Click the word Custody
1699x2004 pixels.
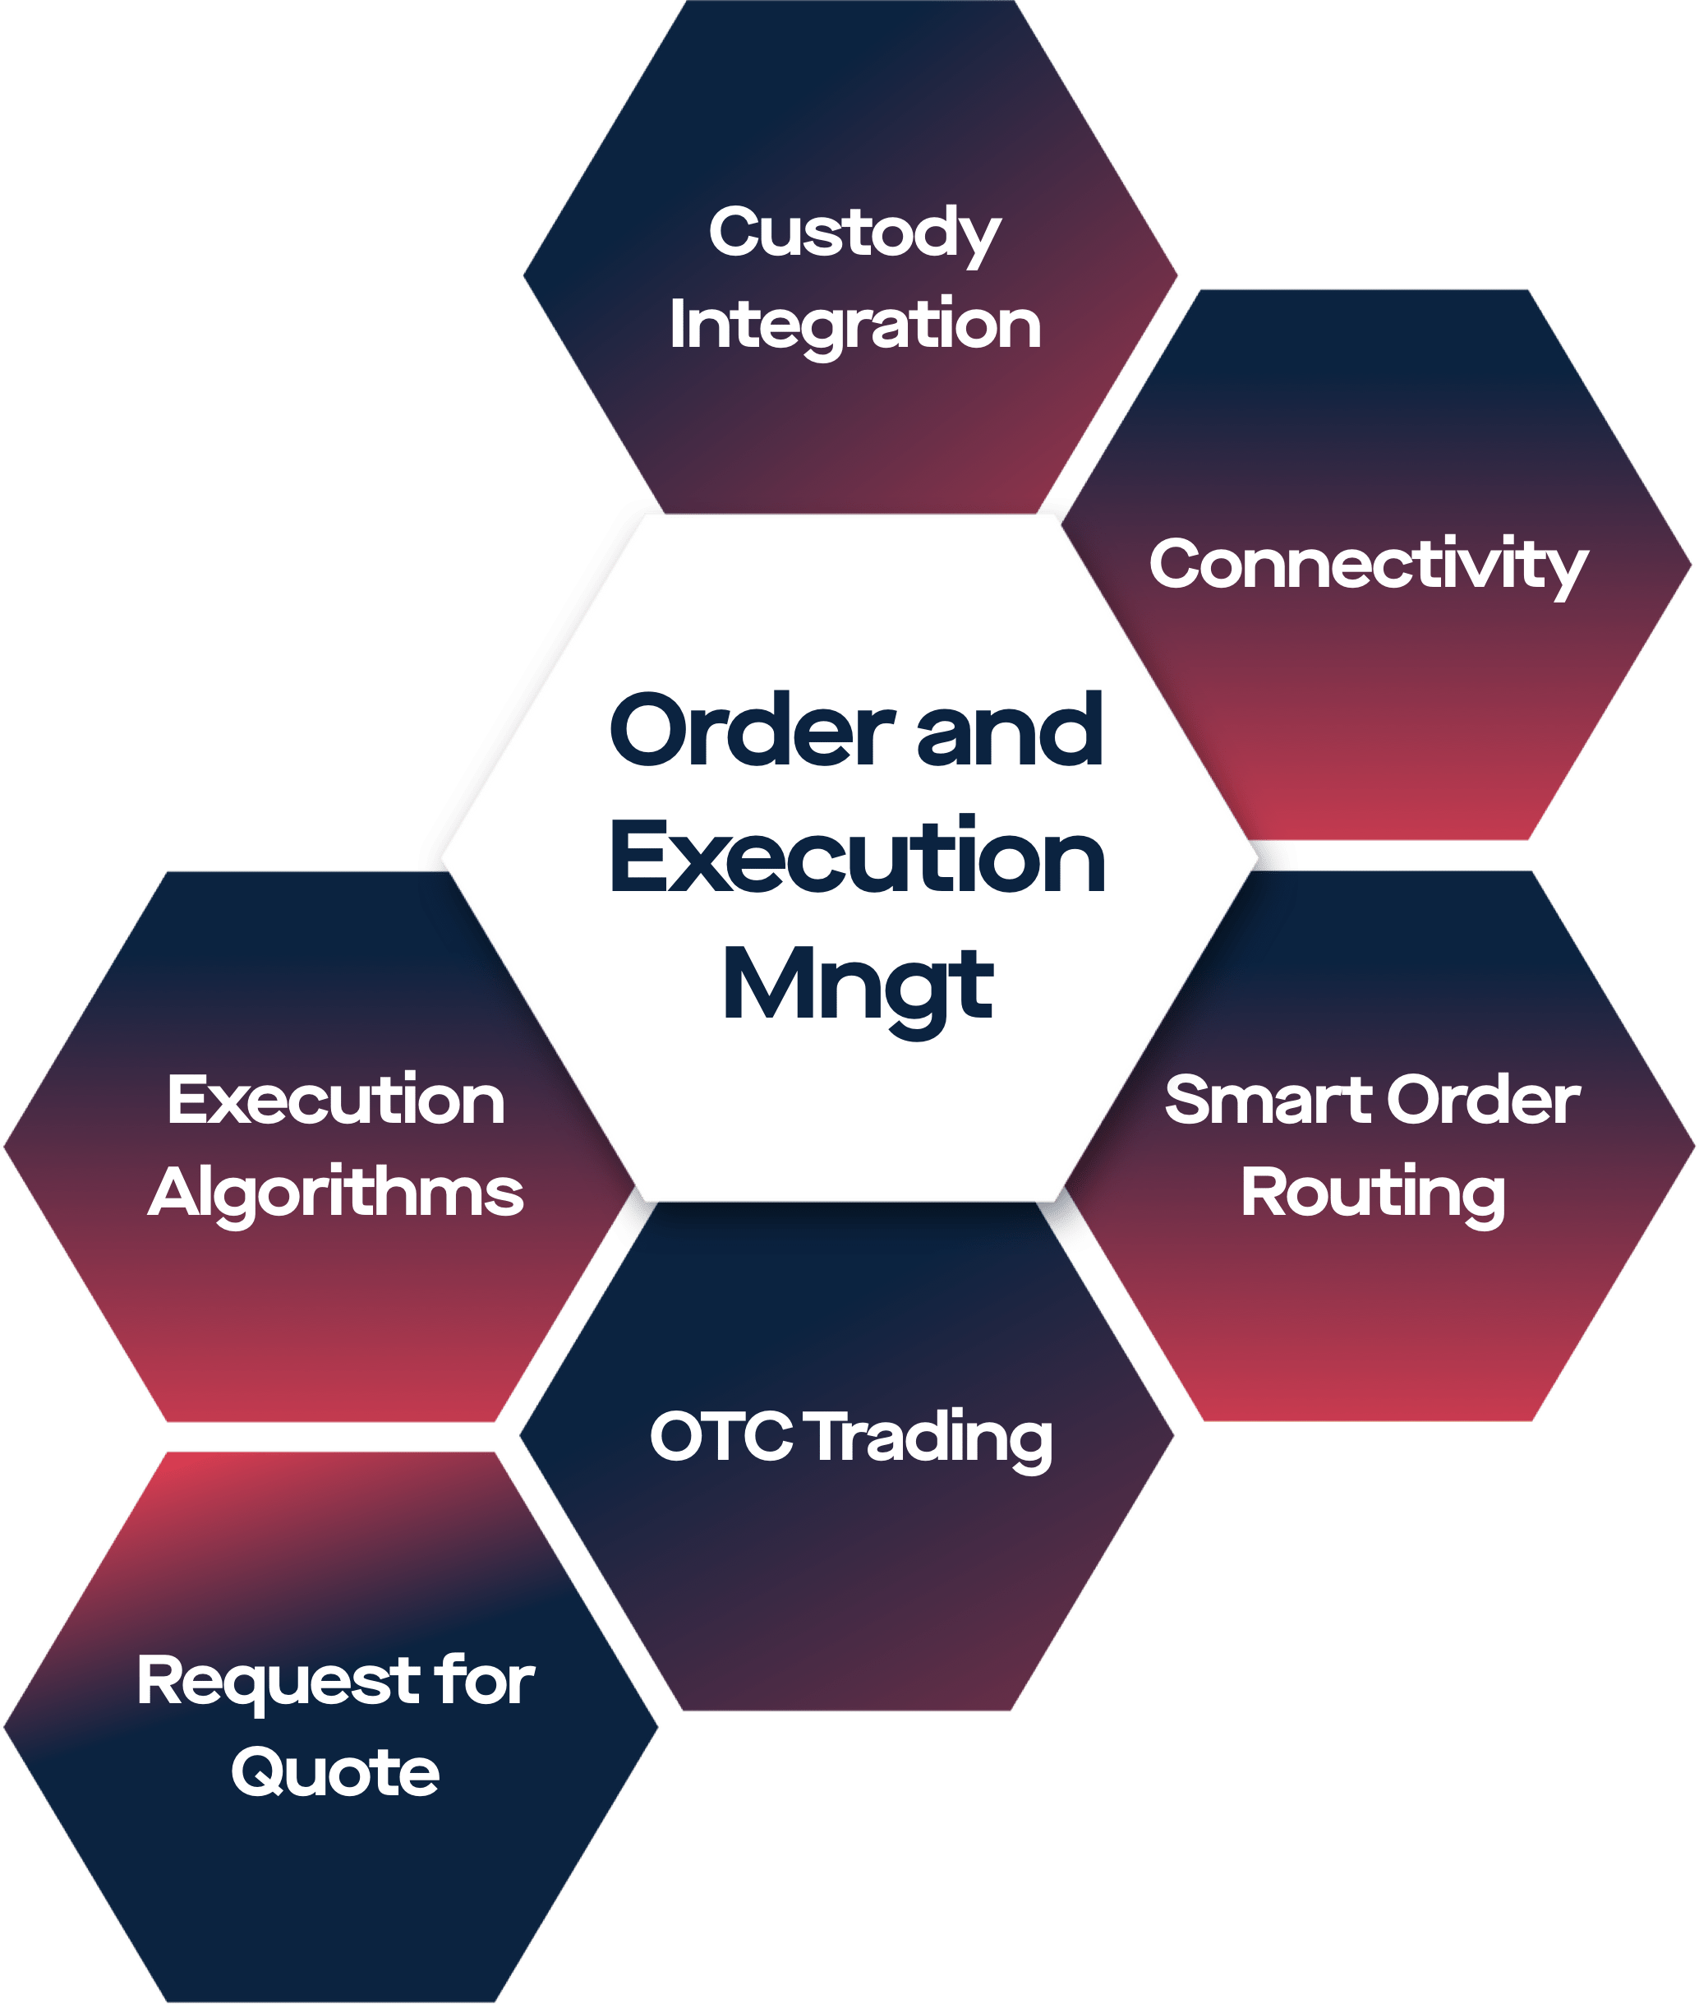click(x=854, y=234)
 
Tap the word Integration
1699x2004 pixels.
click(x=854, y=325)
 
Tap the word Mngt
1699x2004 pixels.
click(x=856, y=987)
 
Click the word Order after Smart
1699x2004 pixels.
click(x=1483, y=1101)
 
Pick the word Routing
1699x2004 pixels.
click(x=1373, y=1194)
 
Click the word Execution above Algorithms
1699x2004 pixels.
click(x=335, y=1101)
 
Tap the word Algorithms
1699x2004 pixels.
click(x=335, y=1194)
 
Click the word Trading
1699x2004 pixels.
click(x=930, y=1438)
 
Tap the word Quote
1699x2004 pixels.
click(x=335, y=1773)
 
